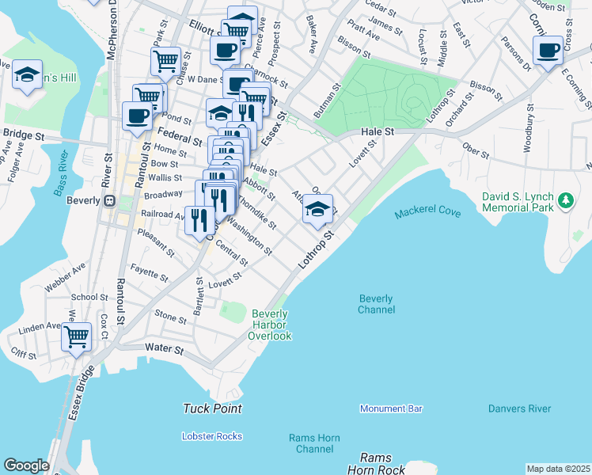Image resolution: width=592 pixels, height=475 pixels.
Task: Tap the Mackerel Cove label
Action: [x=427, y=212]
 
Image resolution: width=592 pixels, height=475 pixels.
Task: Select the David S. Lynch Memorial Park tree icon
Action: [x=565, y=201]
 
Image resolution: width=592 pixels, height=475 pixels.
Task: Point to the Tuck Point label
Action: [x=212, y=408]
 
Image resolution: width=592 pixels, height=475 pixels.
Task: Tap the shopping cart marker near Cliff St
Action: [x=77, y=336]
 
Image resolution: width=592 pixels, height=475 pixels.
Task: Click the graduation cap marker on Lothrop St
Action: [x=317, y=210]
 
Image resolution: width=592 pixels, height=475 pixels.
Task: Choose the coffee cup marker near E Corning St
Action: [x=548, y=51]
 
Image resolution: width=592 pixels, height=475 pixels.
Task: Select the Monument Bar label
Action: [x=391, y=408]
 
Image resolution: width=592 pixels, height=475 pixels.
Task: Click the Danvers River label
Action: [x=519, y=408]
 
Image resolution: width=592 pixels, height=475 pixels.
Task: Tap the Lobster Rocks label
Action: [x=212, y=436]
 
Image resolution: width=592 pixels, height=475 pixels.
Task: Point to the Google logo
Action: [x=26, y=465]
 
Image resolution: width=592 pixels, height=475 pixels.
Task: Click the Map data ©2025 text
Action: [x=558, y=469]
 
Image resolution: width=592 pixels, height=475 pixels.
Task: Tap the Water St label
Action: [x=165, y=348]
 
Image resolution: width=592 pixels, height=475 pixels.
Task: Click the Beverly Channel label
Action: [x=376, y=304]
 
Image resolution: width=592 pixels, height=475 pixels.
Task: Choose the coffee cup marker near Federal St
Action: [x=138, y=116]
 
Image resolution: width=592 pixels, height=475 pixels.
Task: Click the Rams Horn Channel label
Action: [x=311, y=443]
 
